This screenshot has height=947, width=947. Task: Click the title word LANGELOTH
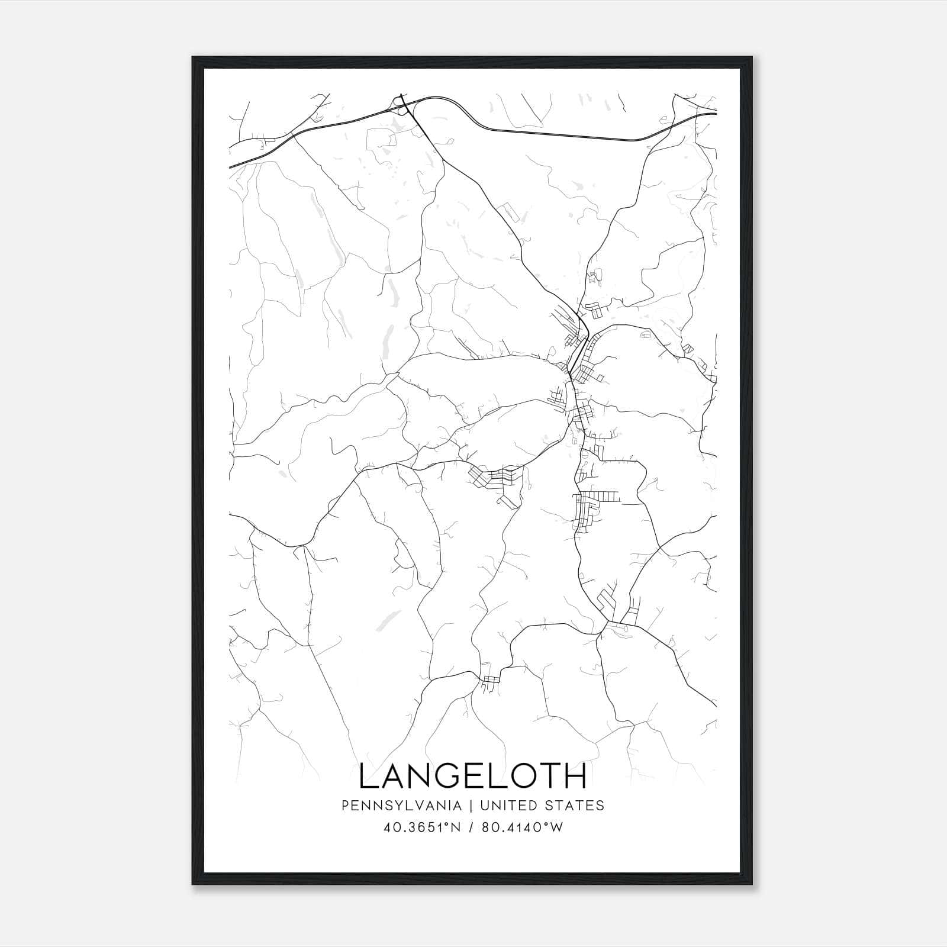(x=473, y=776)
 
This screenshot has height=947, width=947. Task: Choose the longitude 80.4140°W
(x=520, y=827)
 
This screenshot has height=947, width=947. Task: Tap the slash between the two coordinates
(x=472, y=827)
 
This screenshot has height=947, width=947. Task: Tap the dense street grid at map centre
(x=583, y=373)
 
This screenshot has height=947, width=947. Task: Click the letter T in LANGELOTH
(x=547, y=776)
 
